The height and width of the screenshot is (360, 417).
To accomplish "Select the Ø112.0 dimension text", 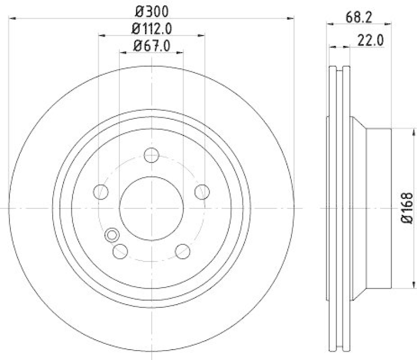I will click(x=152, y=28).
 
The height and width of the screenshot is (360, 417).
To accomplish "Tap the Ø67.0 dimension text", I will click(x=152, y=45).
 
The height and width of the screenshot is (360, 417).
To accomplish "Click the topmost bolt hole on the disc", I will click(x=151, y=155).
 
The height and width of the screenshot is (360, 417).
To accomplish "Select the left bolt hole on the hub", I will click(x=101, y=192).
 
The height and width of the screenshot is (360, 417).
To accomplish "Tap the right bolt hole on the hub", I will click(x=202, y=192).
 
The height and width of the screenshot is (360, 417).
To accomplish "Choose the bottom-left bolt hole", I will click(x=120, y=251).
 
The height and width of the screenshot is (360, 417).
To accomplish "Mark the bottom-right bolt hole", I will click(x=182, y=251).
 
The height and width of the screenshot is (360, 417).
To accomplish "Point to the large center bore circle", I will click(x=151, y=208).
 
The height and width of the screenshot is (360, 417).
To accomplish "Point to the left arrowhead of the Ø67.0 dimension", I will click(x=122, y=53).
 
